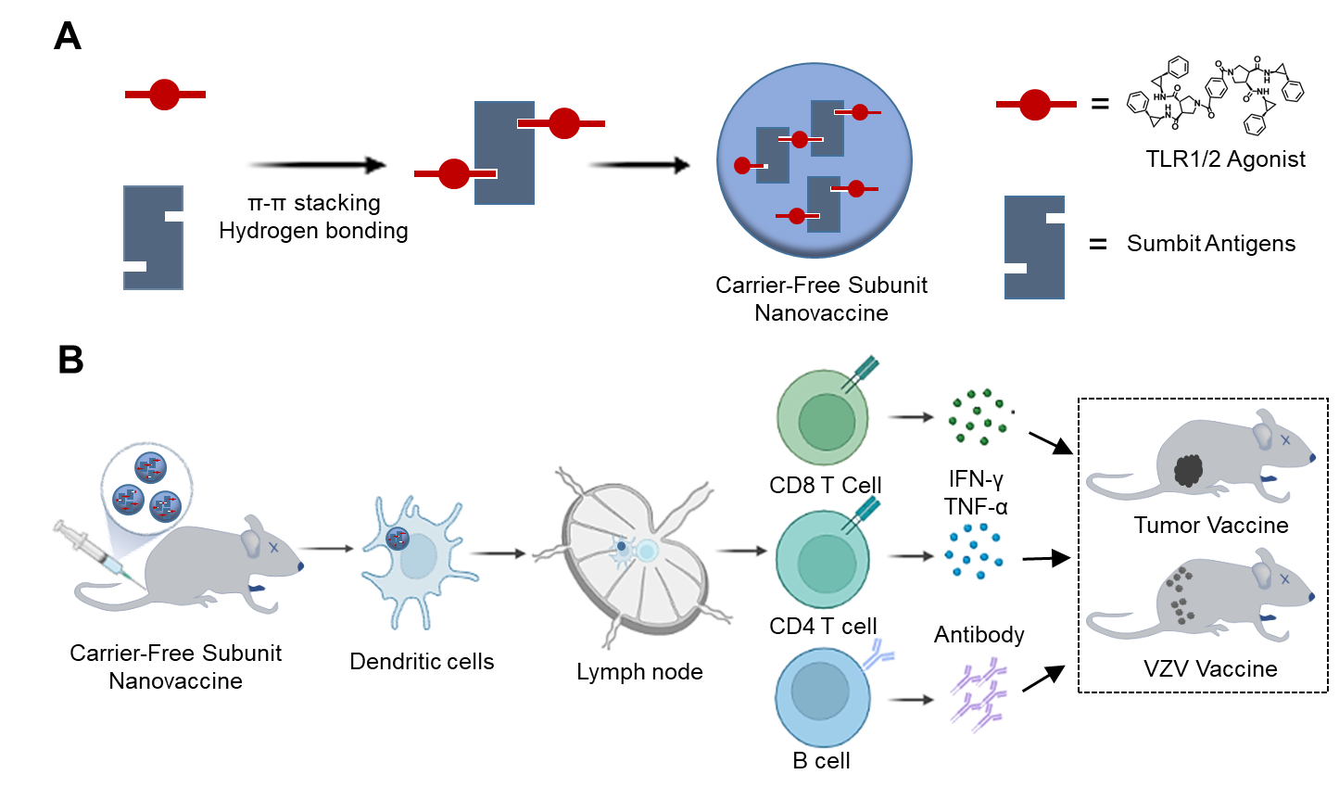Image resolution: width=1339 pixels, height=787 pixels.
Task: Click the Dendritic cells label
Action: tap(422, 661)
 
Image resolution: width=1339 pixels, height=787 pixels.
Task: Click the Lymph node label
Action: tap(639, 671)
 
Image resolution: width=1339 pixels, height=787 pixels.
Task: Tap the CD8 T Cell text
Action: tap(825, 485)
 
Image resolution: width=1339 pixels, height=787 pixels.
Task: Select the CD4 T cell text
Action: tap(823, 626)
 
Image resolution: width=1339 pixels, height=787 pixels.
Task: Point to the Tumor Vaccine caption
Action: tap(1211, 525)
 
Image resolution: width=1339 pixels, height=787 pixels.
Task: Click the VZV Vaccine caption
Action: tap(1210, 668)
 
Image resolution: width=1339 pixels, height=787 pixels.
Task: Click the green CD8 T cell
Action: tap(823, 419)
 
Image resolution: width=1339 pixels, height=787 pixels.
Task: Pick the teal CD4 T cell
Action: tap(823, 560)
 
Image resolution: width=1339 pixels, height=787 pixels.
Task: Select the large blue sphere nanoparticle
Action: tap(815, 160)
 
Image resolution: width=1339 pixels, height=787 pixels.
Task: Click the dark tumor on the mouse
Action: tap(1188, 471)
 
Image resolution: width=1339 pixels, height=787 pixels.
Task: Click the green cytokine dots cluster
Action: tap(978, 417)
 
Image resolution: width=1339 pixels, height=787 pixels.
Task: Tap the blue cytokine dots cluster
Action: tap(974, 552)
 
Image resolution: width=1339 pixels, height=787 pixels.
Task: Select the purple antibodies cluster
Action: tap(979, 693)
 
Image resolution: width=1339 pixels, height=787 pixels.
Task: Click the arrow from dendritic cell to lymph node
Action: tap(498, 553)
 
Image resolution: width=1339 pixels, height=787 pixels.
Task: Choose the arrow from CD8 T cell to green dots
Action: tap(911, 417)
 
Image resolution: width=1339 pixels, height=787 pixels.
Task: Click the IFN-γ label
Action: tap(976, 479)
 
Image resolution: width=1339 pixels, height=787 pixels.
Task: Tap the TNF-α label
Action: tap(976, 506)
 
